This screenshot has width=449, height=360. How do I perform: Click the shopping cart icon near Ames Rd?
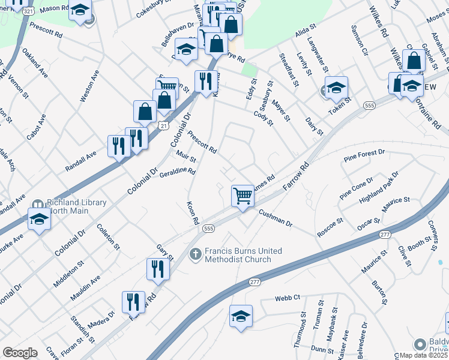point(243,195)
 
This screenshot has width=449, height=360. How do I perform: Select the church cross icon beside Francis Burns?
point(194,254)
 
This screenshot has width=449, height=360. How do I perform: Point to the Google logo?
point(20,353)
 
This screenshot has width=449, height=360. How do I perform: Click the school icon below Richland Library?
point(40,218)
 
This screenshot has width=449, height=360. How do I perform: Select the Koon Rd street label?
point(193,213)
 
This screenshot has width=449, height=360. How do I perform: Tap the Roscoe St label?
point(330,229)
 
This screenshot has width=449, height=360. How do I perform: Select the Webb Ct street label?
point(288,298)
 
